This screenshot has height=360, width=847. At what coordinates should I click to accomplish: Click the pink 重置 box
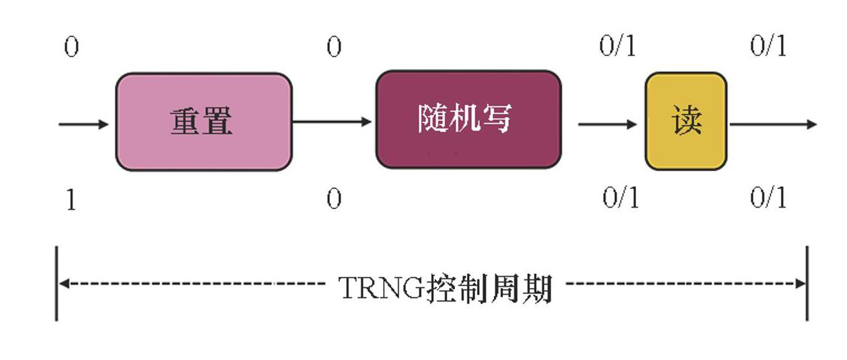[203, 121]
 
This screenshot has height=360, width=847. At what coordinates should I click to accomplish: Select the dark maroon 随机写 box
[468, 120]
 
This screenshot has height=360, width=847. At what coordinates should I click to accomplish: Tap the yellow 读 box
[686, 121]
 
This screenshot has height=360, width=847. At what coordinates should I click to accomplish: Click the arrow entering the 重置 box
[84, 124]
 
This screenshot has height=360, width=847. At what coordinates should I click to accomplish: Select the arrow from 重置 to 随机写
[332, 122]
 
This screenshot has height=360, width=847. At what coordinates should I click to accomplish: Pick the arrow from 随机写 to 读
[607, 124]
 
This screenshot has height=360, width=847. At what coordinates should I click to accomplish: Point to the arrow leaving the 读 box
[772, 124]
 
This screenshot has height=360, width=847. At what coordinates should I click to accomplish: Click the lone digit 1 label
[71, 200]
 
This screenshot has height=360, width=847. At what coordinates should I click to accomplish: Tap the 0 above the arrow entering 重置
[71, 48]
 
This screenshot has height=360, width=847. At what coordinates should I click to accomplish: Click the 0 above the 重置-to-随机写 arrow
[334, 48]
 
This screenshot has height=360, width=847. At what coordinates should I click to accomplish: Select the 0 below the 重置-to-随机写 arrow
[334, 200]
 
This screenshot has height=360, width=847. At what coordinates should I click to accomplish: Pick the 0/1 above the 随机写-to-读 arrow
[617, 47]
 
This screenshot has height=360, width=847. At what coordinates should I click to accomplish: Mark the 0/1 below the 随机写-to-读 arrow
[620, 198]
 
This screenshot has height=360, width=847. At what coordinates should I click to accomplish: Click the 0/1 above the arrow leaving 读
[768, 47]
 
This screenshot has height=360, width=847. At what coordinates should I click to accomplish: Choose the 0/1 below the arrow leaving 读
[768, 198]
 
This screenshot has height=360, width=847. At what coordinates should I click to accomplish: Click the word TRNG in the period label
[382, 287]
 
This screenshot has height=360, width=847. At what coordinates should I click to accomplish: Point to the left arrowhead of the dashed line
[64, 283]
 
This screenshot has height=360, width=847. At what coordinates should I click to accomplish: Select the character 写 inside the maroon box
[496, 118]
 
